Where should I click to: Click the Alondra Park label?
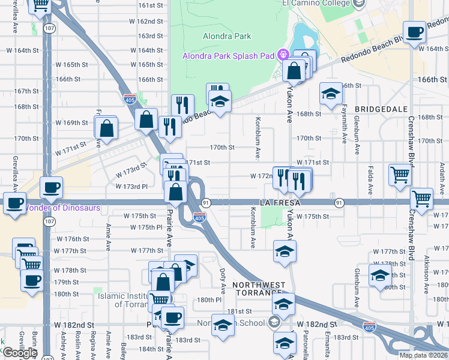click(x=227, y=36)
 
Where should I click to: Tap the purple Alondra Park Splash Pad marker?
click(x=286, y=56)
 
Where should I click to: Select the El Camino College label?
click(x=316, y=3)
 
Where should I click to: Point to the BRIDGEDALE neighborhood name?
click(x=381, y=109)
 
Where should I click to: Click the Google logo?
click(x=20, y=352)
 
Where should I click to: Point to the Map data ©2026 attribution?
click(x=423, y=355)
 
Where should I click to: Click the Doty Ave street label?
click(x=223, y=276)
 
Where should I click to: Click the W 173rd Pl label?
click(x=136, y=187)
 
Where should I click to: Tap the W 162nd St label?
click(x=146, y=21)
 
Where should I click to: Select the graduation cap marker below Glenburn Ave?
click(x=380, y=276)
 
